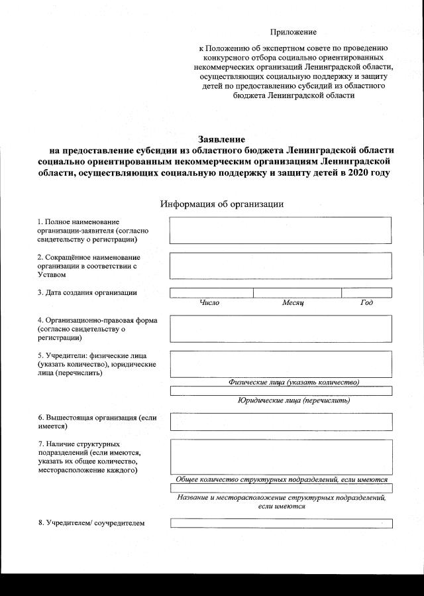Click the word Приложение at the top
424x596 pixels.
click(293, 32)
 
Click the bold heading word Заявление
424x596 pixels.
click(222, 139)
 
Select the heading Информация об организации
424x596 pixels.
click(222, 204)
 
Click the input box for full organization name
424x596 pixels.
click(281, 230)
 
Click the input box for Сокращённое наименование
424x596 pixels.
click(281, 265)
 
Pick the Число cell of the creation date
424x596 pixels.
click(211, 292)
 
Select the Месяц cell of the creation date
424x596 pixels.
click(297, 292)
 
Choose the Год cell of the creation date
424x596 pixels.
click(366, 292)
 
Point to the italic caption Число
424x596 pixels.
click(209, 303)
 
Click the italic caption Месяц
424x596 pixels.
click(292, 303)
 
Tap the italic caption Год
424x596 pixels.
click(366, 303)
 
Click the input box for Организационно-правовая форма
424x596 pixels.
click(281, 328)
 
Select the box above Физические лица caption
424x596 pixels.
click(281, 363)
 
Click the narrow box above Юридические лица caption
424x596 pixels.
click(281, 390)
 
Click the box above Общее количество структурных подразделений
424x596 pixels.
click(281, 456)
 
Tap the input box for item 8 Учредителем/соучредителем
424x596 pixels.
click(281, 523)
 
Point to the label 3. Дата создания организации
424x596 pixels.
click(87, 292)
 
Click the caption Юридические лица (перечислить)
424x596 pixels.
click(293, 400)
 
